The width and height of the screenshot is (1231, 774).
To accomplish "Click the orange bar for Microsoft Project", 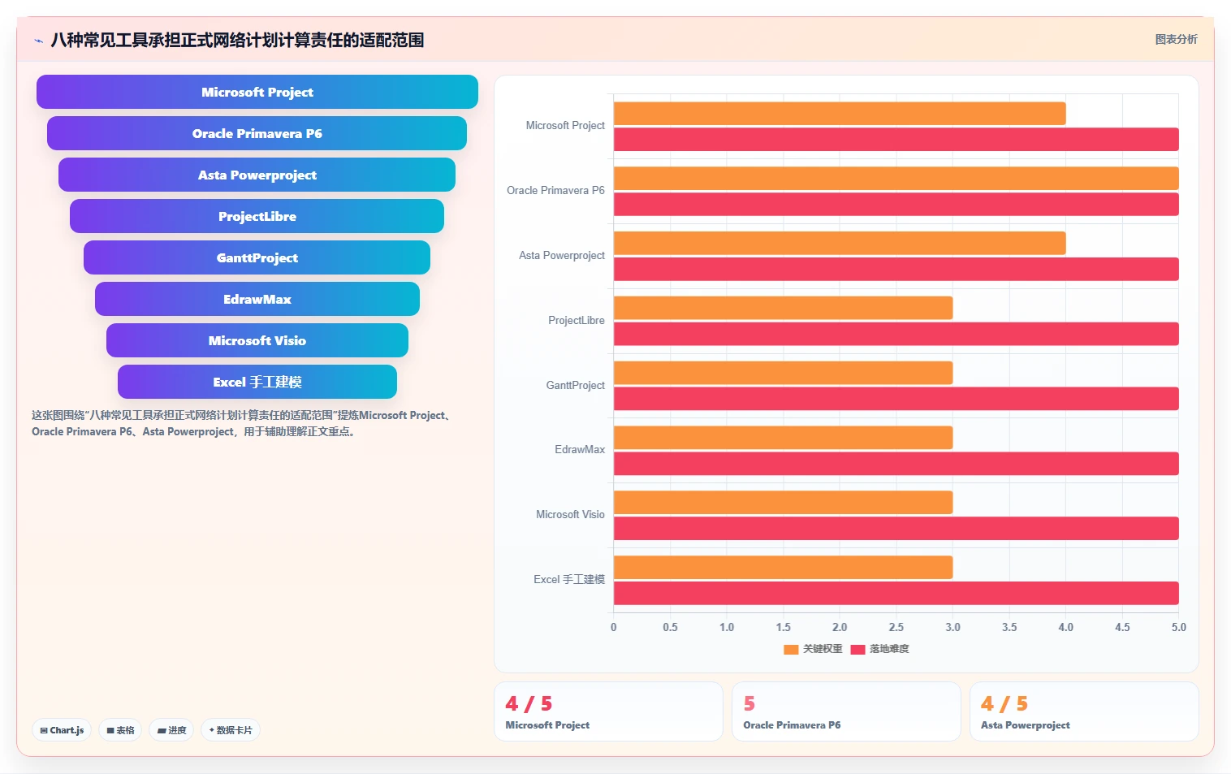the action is click(x=839, y=113).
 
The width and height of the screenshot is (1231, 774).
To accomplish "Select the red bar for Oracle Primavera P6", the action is click(x=896, y=204).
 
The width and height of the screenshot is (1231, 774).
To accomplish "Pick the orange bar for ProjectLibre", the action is click(x=783, y=308).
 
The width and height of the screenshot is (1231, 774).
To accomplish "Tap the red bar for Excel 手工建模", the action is click(x=896, y=593).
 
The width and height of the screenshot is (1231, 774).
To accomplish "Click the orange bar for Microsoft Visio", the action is click(x=783, y=503).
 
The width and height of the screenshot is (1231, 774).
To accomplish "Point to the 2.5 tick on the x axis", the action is click(x=896, y=627).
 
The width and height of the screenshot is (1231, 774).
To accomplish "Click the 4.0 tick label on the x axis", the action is click(x=1065, y=627).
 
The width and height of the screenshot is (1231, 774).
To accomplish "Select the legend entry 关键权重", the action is click(x=813, y=649).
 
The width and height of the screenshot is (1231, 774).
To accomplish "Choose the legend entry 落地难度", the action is click(x=880, y=649).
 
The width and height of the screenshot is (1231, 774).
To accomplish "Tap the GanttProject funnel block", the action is click(x=257, y=257).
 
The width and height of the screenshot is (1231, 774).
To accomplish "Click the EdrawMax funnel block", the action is click(x=257, y=299).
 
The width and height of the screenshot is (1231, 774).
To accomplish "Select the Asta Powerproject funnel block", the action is click(x=257, y=175).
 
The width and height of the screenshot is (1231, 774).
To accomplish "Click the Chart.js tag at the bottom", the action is click(x=62, y=730).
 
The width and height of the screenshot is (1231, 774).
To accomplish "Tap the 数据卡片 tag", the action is click(x=231, y=730).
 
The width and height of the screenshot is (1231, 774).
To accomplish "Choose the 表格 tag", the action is click(x=120, y=730).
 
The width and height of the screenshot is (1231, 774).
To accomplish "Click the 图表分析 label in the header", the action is click(x=1176, y=40).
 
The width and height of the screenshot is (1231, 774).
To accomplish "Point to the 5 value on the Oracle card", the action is click(x=749, y=703).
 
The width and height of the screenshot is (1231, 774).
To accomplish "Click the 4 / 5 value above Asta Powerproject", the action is click(x=1004, y=703).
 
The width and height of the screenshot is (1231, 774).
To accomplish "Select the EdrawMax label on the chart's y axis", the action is click(x=580, y=450).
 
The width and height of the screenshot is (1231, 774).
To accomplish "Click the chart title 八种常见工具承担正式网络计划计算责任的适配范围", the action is click(x=237, y=40).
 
